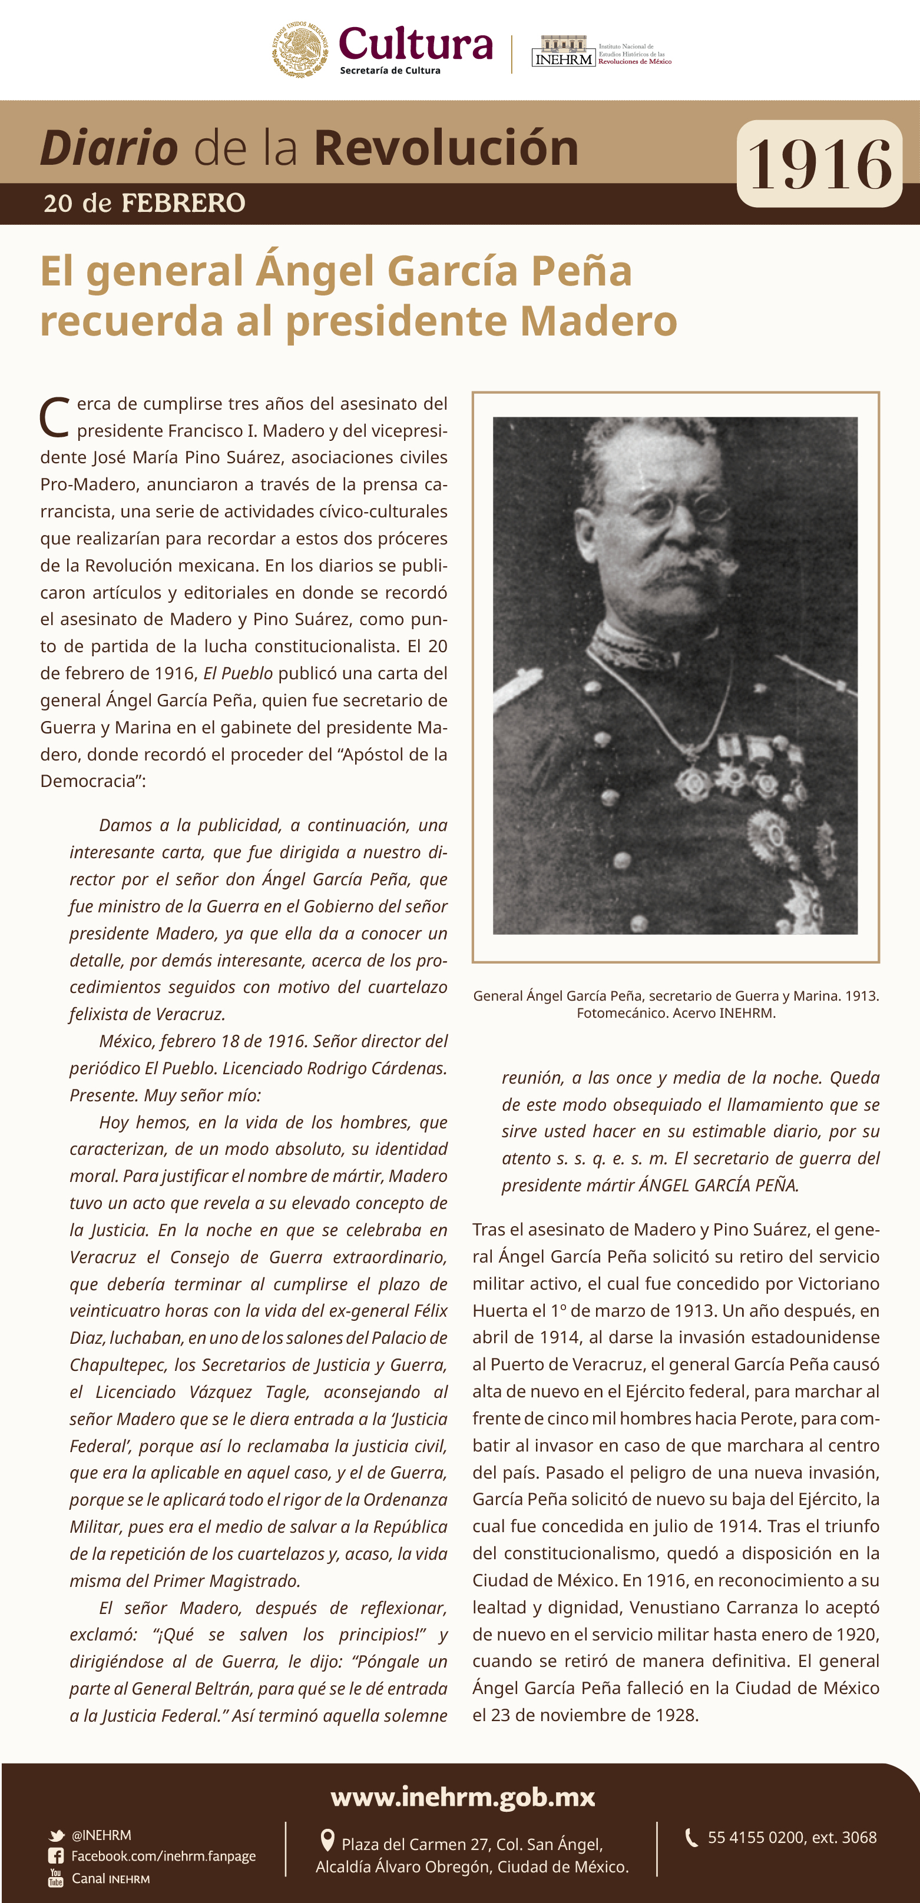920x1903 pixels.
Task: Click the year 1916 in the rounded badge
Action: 819,164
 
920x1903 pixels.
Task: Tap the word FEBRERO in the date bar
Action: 183,203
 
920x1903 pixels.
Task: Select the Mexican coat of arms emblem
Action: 300,49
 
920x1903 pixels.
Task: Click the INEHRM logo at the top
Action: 563,52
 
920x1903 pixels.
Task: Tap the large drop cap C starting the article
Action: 55,418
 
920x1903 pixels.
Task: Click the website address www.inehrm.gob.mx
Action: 462,1796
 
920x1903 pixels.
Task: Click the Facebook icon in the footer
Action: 55,1856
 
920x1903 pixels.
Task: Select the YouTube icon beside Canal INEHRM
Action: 55,1877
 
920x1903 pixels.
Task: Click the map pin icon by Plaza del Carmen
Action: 327,1840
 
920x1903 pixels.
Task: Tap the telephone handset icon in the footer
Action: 691,1837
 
